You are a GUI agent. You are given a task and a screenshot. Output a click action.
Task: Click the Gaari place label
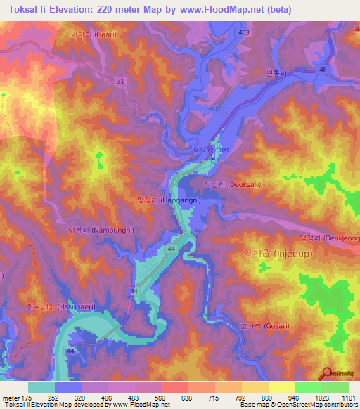point(93,33)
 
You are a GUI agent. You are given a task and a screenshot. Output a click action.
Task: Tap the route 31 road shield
point(121,82)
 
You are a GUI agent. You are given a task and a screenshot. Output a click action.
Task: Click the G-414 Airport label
point(210,149)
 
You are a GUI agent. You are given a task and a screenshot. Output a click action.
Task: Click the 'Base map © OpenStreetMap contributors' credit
point(299,404)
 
